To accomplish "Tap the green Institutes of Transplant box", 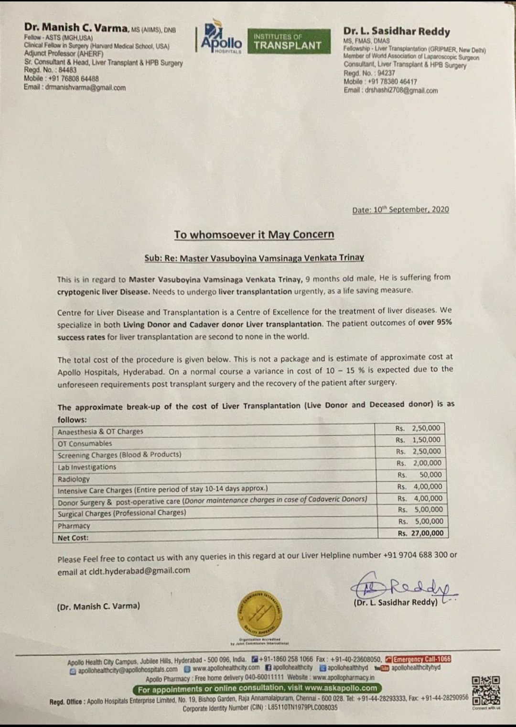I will [288, 41].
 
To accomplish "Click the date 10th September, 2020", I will [400, 209].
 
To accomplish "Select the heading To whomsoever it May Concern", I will [254, 234].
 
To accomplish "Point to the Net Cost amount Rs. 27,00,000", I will [420, 533].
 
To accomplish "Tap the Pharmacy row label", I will [74, 526].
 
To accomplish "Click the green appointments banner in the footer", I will [258, 688].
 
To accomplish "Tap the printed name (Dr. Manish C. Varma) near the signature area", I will [98, 606].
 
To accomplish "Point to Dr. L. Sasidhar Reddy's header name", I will [397, 32].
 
